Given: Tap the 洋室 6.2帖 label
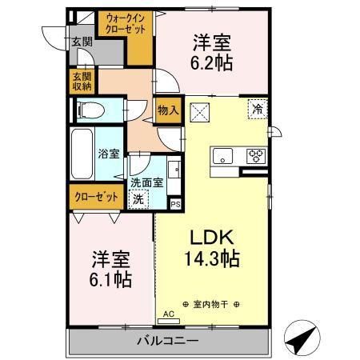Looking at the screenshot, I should (212, 53).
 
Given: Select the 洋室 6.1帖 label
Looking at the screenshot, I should (111, 270).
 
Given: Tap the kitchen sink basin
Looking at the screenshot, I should (222, 154).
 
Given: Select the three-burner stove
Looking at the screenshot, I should (257, 154).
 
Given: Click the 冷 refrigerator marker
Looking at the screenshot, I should (258, 108).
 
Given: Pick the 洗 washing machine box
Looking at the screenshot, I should (138, 198).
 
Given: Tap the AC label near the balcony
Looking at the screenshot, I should (168, 314).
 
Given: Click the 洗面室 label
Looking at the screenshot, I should (146, 182).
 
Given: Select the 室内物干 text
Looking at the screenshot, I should (214, 305).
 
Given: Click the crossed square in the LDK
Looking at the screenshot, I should (200, 111).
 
